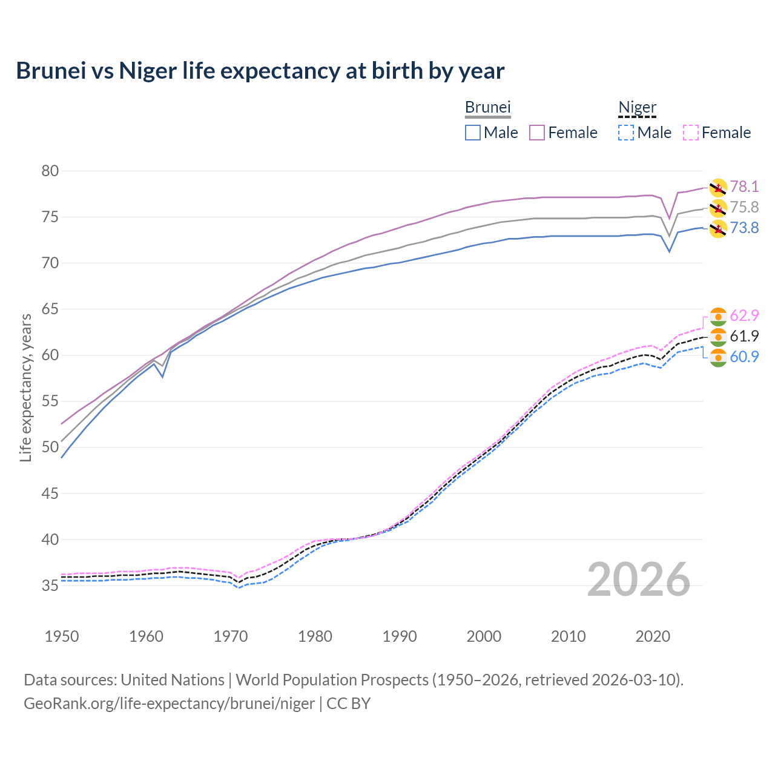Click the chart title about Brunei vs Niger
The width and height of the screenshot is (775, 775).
pyautogui.click(x=260, y=71)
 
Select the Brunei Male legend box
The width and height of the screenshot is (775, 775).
pyautogui.click(x=473, y=133)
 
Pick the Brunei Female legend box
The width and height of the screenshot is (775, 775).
pyautogui.click(x=537, y=133)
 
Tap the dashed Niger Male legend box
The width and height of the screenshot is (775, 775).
pyautogui.click(x=626, y=133)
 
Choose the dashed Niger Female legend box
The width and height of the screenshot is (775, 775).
pyautogui.click(x=691, y=133)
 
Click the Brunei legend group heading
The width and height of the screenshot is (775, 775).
pyautogui.click(x=487, y=107)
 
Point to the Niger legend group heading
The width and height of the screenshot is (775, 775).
pyautogui.click(x=637, y=107)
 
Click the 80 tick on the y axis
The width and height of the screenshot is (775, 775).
pyautogui.click(x=50, y=171)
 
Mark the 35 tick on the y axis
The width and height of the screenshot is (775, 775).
pyautogui.click(x=50, y=585)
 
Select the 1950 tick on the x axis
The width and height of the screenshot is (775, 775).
pyautogui.click(x=62, y=636)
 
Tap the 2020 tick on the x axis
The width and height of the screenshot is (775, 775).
pyautogui.click(x=653, y=636)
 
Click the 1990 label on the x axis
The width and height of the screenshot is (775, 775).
pyautogui.click(x=400, y=636)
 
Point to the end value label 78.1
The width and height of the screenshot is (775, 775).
pyautogui.click(x=744, y=187)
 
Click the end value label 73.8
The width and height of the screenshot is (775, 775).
pyautogui.click(x=744, y=228)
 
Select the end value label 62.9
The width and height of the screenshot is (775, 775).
pyautogui.click(x=744, y=316)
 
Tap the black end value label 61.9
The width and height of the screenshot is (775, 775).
pyautogui.click(x=744, y=337)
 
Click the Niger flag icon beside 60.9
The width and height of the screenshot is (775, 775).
pyautogui.click(x=717, y=357)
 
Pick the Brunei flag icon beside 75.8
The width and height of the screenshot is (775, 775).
pyautogui.click(x=717, y=208)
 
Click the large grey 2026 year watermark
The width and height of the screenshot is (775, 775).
pyautogui.click(x=638, y=579)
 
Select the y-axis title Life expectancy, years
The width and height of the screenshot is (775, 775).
pyautogui.click(x=26, y=387)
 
